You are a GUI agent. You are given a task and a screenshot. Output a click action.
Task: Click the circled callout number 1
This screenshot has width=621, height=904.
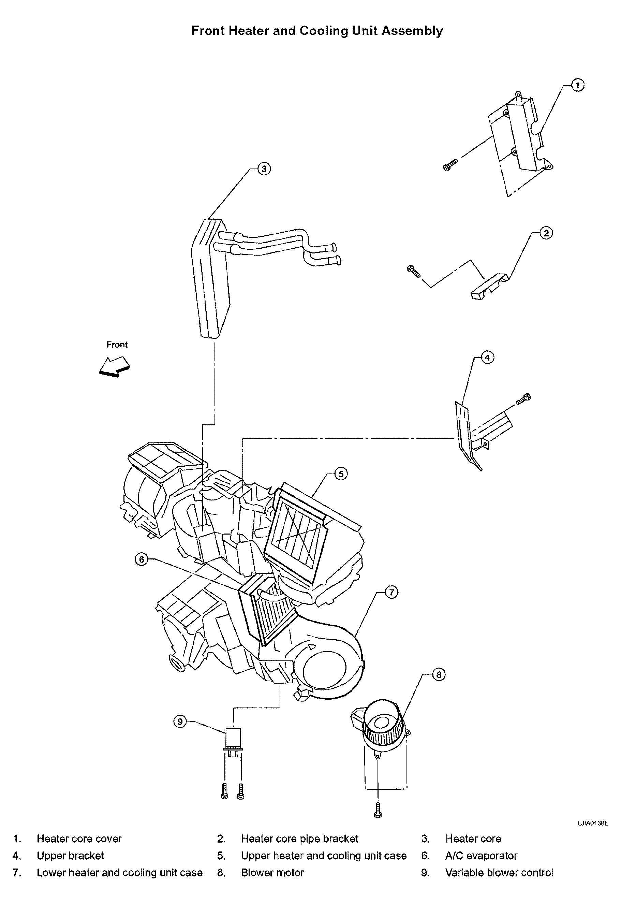tap(577, 85)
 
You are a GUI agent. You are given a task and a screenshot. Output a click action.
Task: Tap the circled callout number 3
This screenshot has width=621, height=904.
tap(264, 169)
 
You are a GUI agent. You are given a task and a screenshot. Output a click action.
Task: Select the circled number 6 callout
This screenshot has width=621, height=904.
tap(141, 559)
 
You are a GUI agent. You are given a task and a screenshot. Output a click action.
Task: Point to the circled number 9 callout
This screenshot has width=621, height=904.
tap(180, 722)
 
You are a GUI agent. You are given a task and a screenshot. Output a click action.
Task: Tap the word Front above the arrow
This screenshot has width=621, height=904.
tap(117, 345)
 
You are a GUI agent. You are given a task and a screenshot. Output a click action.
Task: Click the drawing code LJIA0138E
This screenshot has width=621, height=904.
tap(593, 823)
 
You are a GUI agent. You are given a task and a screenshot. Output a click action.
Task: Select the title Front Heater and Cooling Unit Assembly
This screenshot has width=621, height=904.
tap(317, 31)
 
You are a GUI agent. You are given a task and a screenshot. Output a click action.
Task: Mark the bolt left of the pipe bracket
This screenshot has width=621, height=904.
tap(414, 271)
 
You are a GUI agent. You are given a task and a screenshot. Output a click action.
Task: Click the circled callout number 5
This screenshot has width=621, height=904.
tap(341, 473)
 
